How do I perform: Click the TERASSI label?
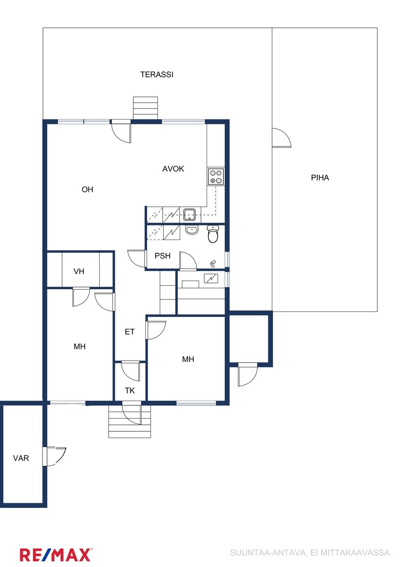157,75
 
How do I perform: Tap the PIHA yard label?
320,178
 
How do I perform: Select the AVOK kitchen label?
173,169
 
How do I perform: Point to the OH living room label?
87,189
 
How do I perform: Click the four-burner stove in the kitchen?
216,177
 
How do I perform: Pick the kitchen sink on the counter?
190,215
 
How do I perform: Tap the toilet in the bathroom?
213,234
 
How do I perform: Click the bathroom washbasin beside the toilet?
192,231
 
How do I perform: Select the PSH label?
162,256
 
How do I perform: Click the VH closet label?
79,272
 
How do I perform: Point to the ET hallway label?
130,332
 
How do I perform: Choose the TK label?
130,391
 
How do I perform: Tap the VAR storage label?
21,458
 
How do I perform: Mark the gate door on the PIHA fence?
281,137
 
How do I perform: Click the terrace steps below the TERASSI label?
145,108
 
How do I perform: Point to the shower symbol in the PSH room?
213,264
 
